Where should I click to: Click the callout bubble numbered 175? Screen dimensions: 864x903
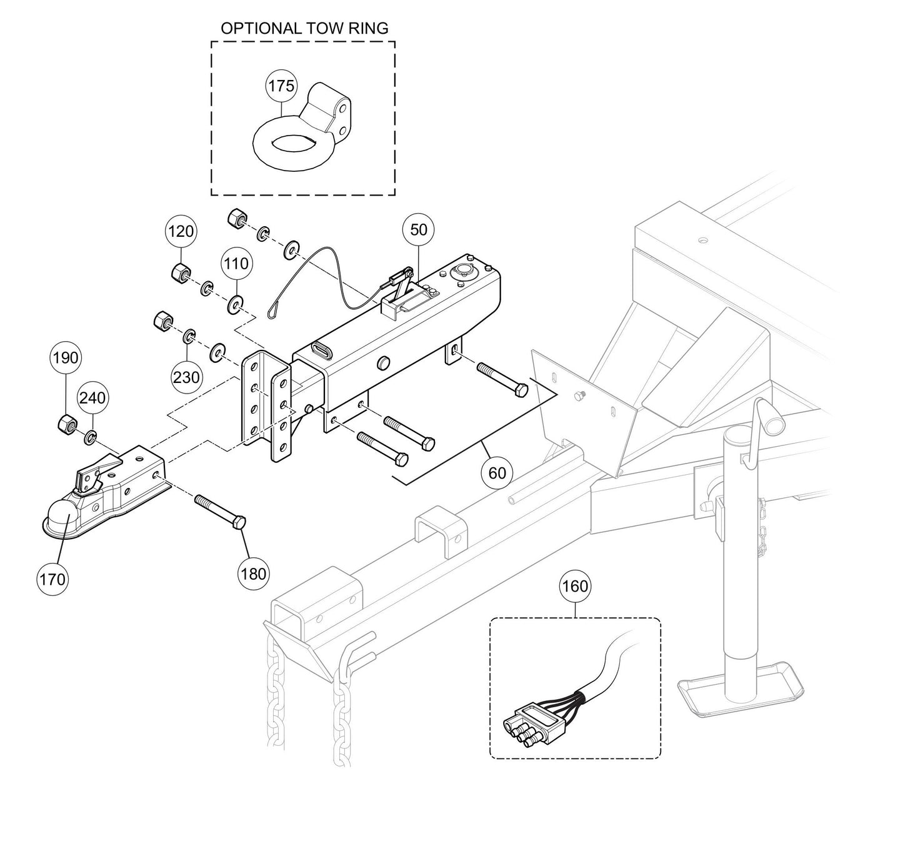[281, 86]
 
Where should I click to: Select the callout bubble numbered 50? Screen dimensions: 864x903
[418, 230]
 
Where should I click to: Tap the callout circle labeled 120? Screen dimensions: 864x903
[181, 232]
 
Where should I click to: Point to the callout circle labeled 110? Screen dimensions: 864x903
[236, 264]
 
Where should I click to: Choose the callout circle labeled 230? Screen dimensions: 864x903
[186, 377]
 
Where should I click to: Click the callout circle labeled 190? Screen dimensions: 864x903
[66, 358]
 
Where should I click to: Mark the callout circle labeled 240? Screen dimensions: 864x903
[92, 397]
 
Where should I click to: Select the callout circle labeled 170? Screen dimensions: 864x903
[52, 579]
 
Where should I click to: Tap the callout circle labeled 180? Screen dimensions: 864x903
[253, 573]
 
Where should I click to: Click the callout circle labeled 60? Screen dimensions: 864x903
[497, 473]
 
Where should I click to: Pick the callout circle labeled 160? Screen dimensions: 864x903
[575, 586]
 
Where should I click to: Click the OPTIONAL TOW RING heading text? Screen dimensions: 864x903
[304, 28]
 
